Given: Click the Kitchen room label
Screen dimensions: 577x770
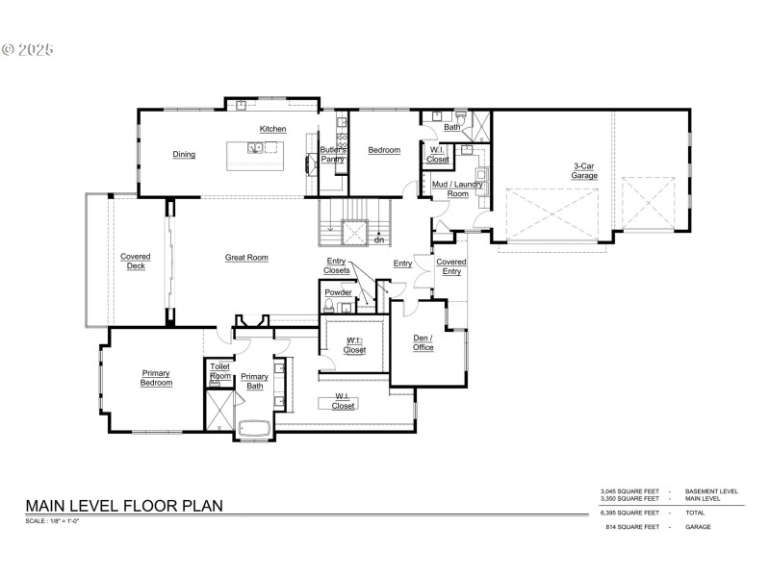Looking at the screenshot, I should (x=272, y=129).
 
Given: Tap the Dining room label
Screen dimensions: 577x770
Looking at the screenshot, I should (x=184, y=154).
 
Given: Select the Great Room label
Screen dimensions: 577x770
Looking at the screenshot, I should (x=246, y=257).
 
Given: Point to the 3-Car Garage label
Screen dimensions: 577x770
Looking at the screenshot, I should (x=584, y=170).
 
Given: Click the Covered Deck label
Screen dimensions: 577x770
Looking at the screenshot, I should (x=135, y=262).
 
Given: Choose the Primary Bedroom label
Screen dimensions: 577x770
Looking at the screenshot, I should (x=157, y=378).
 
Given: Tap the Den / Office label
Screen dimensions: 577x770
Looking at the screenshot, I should (x=423, y=342).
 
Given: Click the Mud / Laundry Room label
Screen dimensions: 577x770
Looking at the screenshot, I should (x=449, y=188).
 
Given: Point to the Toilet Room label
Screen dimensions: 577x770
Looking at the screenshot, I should (x=220, y=370).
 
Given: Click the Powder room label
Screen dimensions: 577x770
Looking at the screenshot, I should (x=338, y=291).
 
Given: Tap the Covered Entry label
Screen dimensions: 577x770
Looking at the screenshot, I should (x=450, y=266).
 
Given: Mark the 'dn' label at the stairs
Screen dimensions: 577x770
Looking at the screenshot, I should (x=380, y=239).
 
